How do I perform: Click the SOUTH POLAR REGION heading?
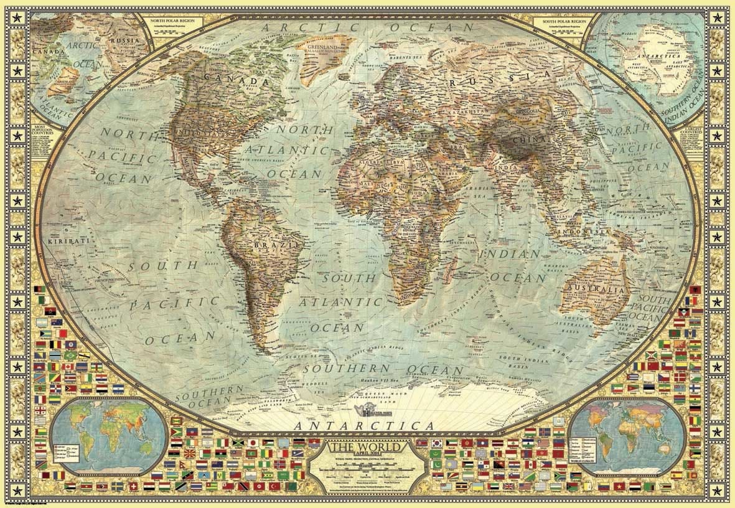click(561, 20)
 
